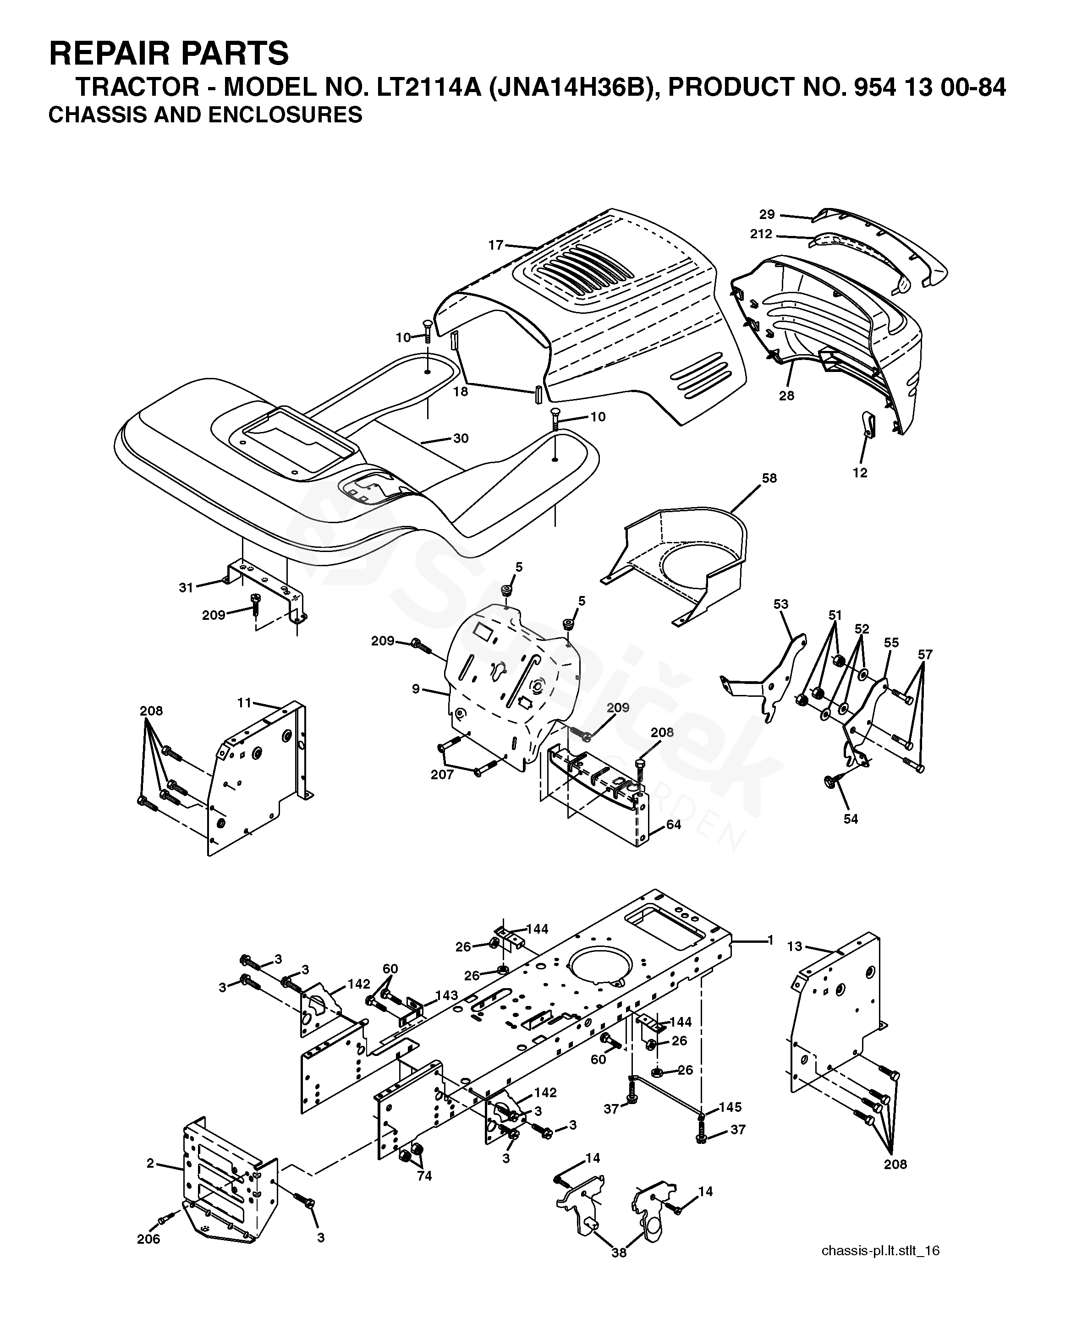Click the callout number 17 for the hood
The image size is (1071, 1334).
click(x=495, y=245)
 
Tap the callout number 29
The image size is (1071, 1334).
click(x=767, y=215)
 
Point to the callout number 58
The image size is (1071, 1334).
click(x=769, y=478)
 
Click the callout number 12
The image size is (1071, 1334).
click(x=860, y=473)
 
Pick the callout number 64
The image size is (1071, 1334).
click(x=674, y=825)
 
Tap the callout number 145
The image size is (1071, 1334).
click(x=730, y=1107)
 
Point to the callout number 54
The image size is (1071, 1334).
click(x=851, y=819)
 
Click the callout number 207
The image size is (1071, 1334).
click(x=442, y=774)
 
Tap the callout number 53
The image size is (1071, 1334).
click(x=781, y=604)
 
